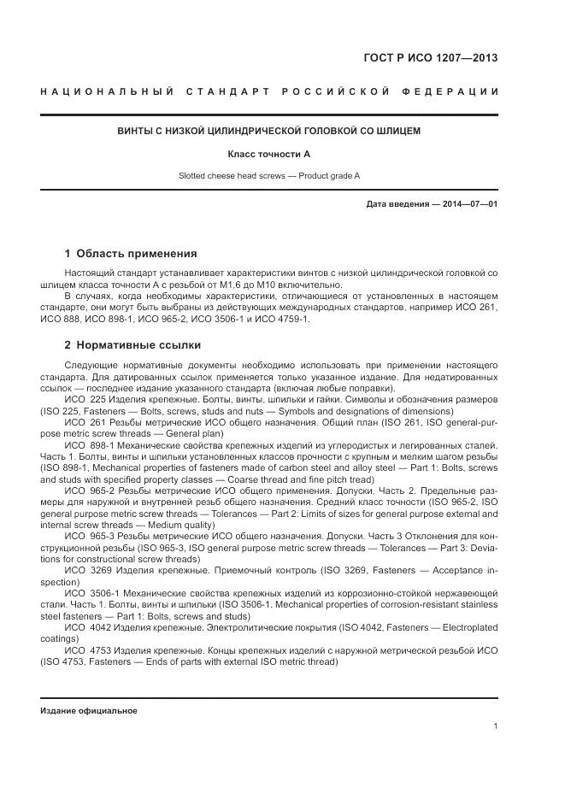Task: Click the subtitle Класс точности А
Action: pos(268,154)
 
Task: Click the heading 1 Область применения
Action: pos(131,254)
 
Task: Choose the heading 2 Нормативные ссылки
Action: pos(132,345)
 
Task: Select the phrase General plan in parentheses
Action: pos(195,433)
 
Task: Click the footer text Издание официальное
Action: pos(89,710)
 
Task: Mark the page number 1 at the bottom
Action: pos(495,726)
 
